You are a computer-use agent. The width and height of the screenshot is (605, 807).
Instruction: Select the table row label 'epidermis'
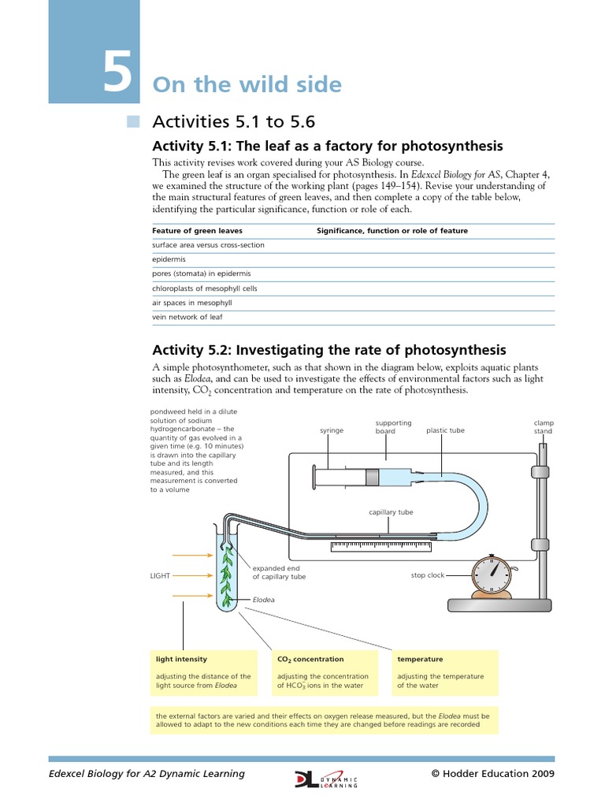[169, 259]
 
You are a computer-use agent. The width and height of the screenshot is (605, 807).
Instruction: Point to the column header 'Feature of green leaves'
[198, 231]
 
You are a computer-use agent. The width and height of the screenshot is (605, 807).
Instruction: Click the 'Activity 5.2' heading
[329, 350]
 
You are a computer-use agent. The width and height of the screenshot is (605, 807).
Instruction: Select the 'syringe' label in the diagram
[332, 431]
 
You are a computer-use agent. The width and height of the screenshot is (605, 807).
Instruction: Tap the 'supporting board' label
[393, 427]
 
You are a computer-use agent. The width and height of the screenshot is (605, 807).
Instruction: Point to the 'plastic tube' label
[445, 431]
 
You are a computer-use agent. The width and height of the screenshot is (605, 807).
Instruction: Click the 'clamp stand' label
[544, 427]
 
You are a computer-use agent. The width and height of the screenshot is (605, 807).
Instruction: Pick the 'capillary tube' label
[391, 512]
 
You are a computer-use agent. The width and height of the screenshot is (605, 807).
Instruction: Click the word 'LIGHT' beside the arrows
[160, 575]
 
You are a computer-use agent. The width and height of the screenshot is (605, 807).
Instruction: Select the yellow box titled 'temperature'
[446, 672]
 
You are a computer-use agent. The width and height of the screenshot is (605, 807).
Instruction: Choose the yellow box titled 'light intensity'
[203, 672]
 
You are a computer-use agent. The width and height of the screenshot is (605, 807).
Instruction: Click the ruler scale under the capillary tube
[382, 545]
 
